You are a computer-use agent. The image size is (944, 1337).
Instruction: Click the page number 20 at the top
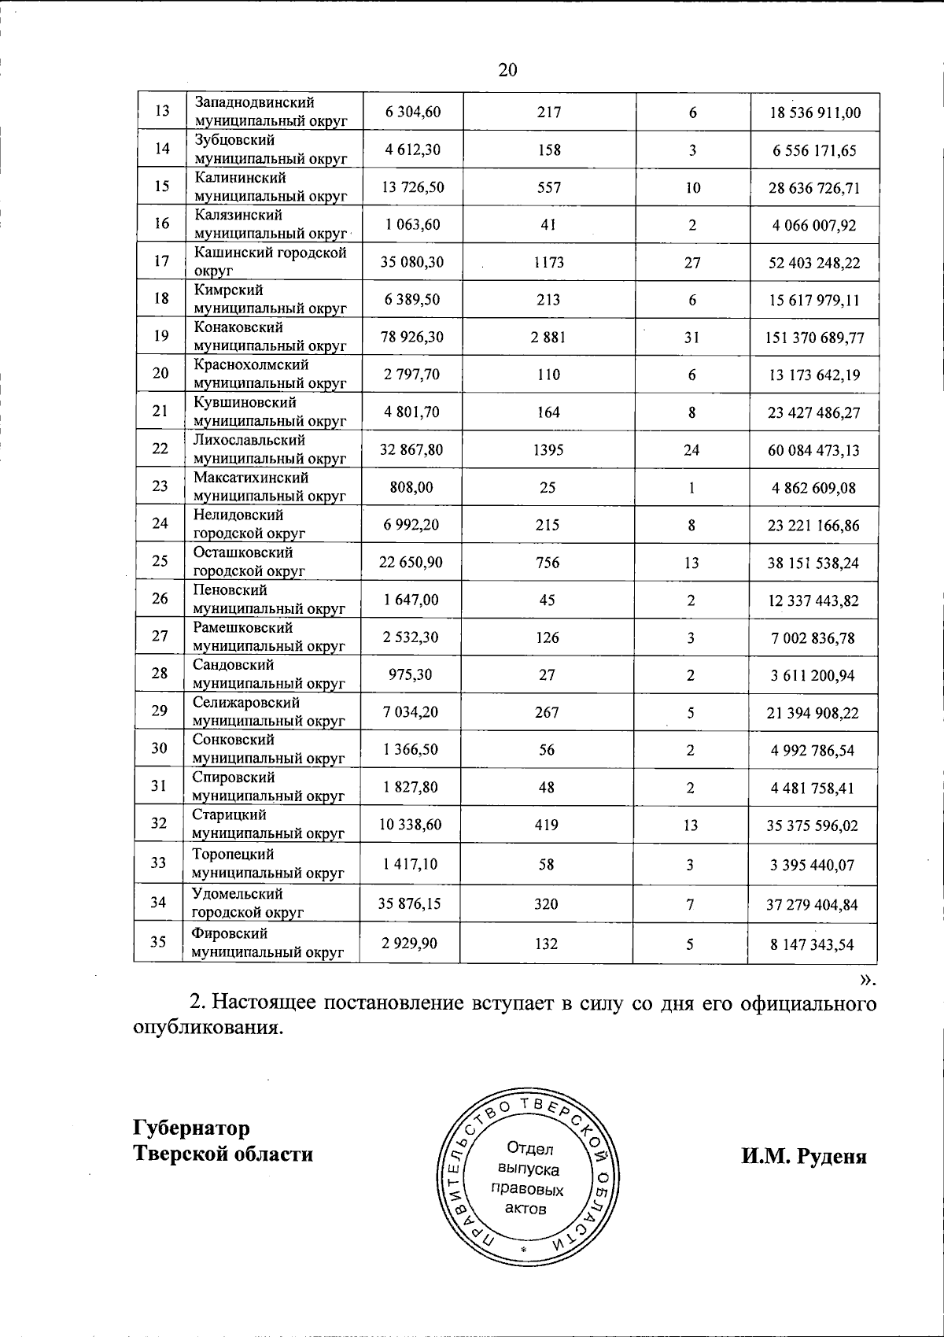tap(507, 70)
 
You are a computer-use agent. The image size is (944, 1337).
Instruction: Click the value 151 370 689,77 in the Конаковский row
tap(814, 338)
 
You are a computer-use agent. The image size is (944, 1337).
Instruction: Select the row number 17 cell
tap(162, 262)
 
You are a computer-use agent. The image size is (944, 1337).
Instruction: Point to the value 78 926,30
tap(412, 337)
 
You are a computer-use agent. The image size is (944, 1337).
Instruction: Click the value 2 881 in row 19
tap(548, 338)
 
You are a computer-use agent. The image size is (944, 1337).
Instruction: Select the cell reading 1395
tap(548, 450)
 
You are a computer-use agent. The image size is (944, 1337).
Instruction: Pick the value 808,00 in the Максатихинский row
tap(412, 488)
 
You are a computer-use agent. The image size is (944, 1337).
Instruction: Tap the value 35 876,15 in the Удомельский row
tap(410, 903)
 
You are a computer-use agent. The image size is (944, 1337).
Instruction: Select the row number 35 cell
tap(158, 942)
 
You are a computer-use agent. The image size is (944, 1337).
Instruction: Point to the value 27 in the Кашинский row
tap(692, 262)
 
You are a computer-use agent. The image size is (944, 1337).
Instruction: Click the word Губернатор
tap(192, 1128)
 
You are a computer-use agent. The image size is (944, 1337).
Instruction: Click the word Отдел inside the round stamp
tap(530, 1150)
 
